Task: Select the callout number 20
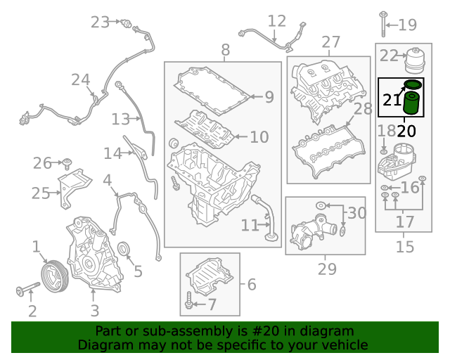coord(406,130)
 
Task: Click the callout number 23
coord(101,22)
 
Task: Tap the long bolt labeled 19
coord(384,24)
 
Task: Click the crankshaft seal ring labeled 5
coord(124,249)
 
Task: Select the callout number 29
coord(327,268)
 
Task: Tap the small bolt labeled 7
coord(191,303)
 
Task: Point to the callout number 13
coord(121,119)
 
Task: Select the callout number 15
coord(405,247)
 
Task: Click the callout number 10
coord(259,136)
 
